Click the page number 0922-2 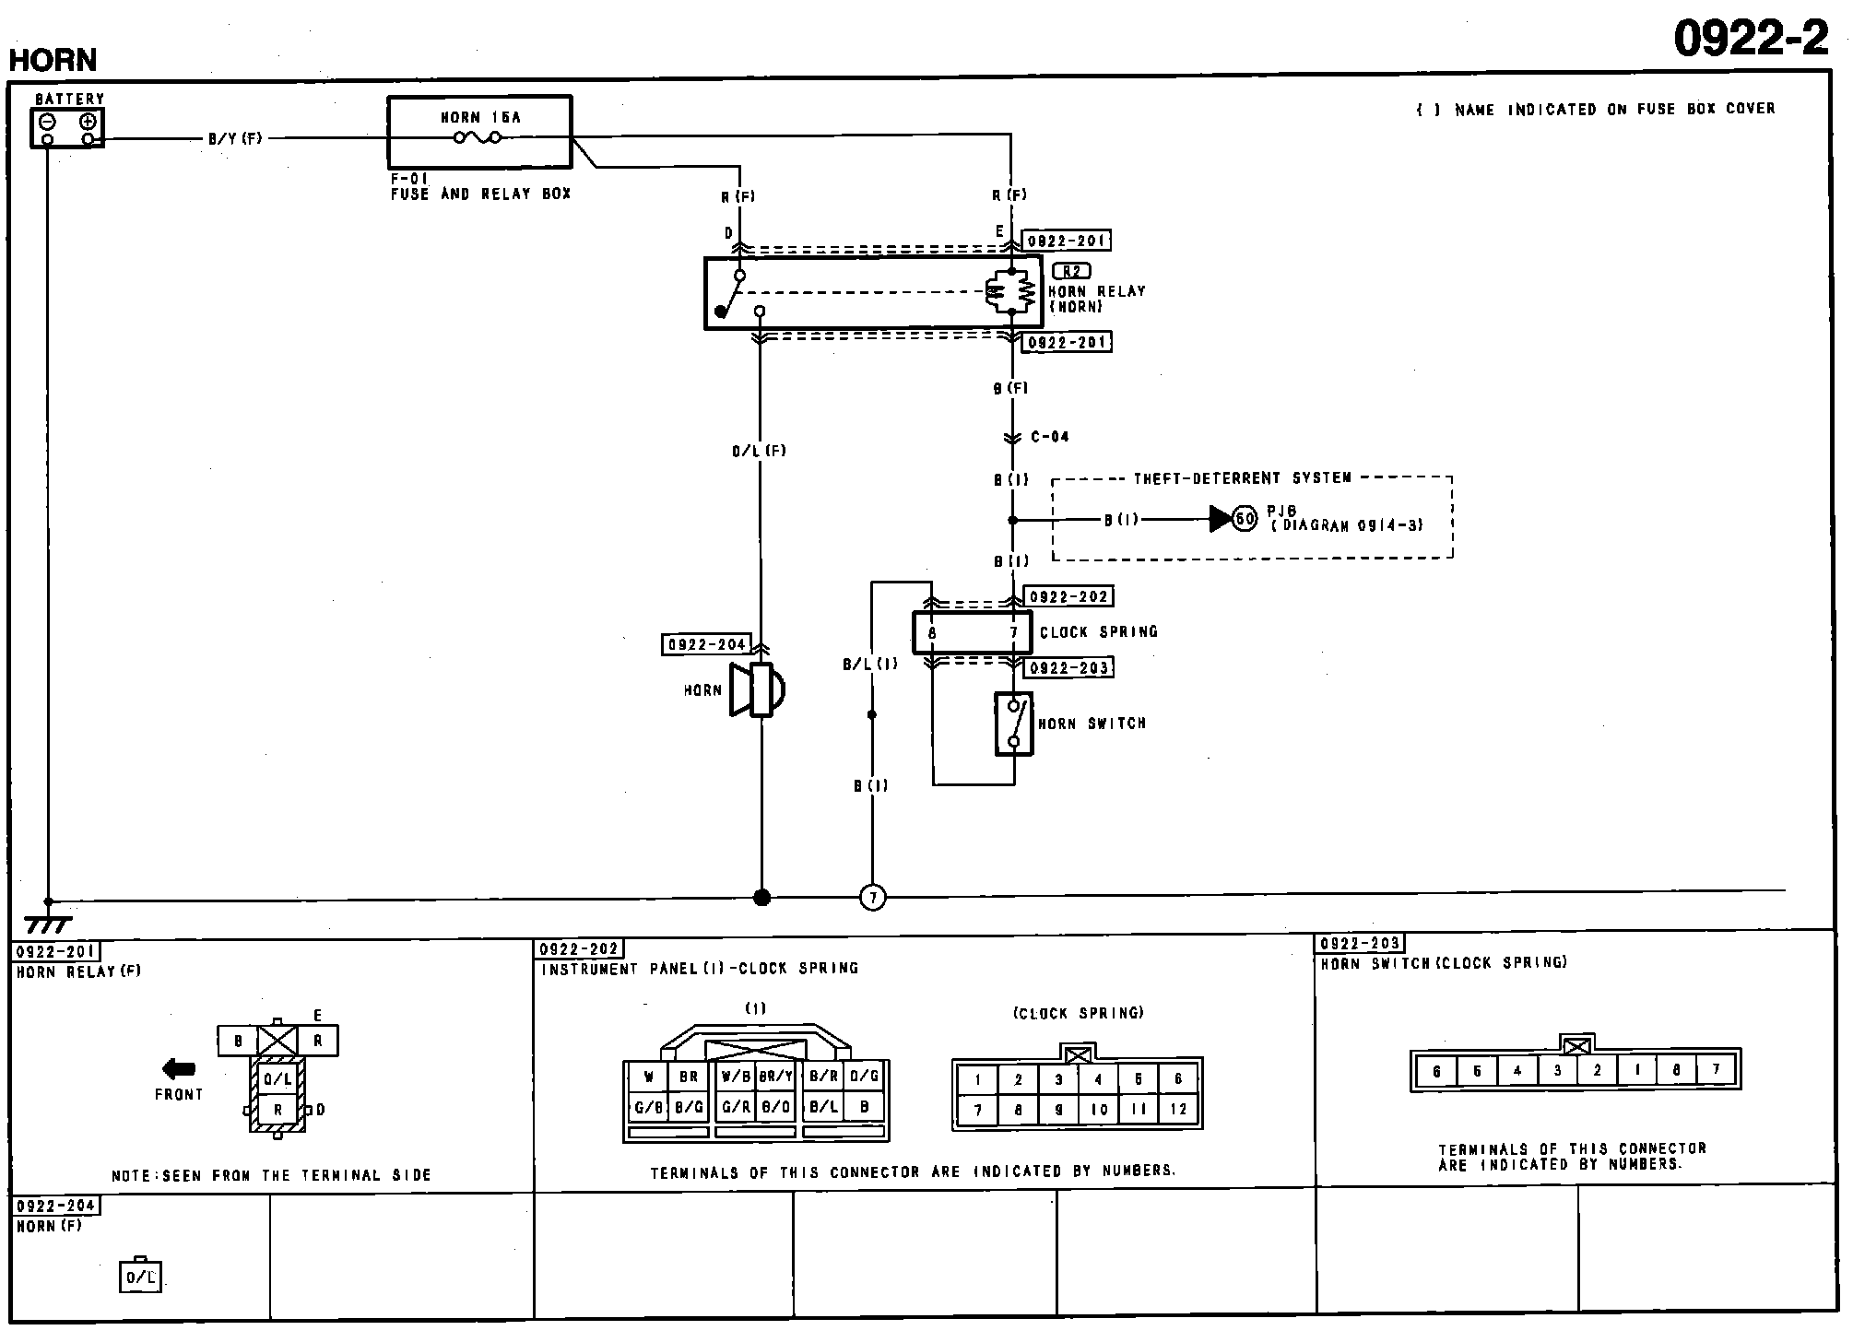[x=1751, y=39]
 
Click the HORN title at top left [x=53, y=60]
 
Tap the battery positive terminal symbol [x=89, y=122]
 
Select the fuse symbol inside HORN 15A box [x=478, y=138]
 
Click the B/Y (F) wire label [x=235, y=139]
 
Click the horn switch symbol [x=1013, y=724]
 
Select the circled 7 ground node [x=872, y=897]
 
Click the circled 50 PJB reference [x=1245, y=519]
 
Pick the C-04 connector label [x=1049, y=437]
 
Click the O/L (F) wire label [x=759, y=451]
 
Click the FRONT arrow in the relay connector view [x=179, y=1069]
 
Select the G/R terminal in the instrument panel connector [x=736, y=1107]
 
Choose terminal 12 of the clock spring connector [x=1178, y=1110]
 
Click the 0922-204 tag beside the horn [x=706, y=645]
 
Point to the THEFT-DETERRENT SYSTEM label [x=1242, y=478]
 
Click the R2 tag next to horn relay [x=1070, y=271]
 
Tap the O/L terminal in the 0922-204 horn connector [x=140, y=1277]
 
